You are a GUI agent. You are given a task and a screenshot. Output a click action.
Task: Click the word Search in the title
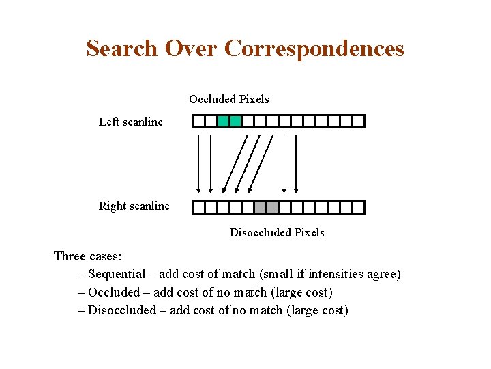[120, 49]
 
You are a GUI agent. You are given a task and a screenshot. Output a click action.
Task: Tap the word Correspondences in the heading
[314, 49]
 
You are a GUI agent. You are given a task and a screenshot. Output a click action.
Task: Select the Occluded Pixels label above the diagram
[229, 100]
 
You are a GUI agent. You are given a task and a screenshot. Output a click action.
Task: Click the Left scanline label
[131, 122]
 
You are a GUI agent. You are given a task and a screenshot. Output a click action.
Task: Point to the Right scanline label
[134, 206]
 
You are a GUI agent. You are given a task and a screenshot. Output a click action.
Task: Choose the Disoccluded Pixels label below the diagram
[277, 233]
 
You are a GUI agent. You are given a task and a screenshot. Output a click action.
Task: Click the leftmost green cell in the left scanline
[223, 122]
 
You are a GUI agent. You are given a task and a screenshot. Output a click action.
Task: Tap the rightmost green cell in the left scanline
[235, 122]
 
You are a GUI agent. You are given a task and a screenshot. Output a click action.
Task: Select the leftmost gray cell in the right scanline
[260, 207]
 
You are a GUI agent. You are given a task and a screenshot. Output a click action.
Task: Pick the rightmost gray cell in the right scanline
[272, 207]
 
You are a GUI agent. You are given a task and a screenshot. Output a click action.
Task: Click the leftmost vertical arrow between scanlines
[198, 164]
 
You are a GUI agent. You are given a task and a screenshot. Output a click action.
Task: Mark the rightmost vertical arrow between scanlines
[296, 164]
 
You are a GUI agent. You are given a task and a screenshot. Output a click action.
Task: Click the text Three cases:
[88, 257]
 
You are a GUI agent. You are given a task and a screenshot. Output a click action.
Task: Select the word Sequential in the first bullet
[117, 275]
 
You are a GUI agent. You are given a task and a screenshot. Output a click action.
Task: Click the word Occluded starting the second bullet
[114, 292]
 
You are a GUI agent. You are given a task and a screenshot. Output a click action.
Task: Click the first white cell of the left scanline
[198, 122]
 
